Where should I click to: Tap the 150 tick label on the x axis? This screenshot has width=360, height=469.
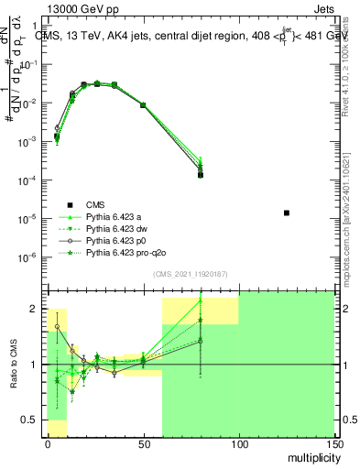point(334,442)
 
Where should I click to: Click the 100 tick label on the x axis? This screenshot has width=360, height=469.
point(238,442)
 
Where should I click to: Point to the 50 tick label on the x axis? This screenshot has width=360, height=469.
point(143,442)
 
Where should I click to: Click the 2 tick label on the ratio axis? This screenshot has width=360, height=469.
point(35,309)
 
